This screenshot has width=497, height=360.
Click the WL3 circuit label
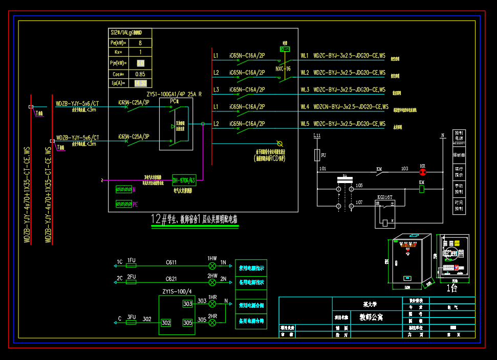click(305, 89)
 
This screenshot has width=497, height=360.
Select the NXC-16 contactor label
click(283, 69)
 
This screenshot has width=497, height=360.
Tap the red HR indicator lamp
click(423, 172)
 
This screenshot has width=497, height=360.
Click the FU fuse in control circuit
click(318, 154)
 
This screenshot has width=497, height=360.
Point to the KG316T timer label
click(384, 196)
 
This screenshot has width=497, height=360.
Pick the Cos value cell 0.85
click(140, 74)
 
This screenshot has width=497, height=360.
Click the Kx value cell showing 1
click(140, 52)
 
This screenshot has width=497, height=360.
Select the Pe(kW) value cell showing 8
click(140, 42)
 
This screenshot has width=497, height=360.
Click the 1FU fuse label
click(131, 261)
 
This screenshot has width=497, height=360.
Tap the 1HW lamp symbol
click(212, 265)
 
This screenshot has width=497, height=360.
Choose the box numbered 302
click(166, 323)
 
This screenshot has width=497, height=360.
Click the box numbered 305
click(188, 323)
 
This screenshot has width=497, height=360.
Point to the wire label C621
click(171, 279)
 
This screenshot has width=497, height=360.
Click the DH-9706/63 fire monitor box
click(184, 180)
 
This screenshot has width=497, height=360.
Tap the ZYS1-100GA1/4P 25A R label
click(174, 94)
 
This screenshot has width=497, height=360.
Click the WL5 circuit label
click(305, 123)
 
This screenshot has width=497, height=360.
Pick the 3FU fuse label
click(131, 317)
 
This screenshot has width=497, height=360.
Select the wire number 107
click(359, 202)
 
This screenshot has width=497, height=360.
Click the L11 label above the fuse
click(317, 136)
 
